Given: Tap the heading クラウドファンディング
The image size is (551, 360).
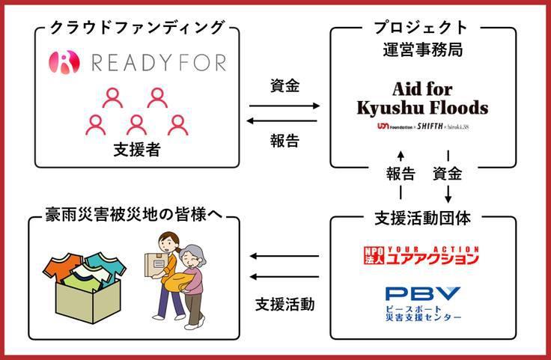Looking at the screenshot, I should tap(137, 28).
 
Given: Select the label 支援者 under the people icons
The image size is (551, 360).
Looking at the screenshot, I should tap(137, 150).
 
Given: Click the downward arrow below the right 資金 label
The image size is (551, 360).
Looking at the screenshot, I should tap(448, 193).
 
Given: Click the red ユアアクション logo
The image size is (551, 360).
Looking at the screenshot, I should tap(421, 254).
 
